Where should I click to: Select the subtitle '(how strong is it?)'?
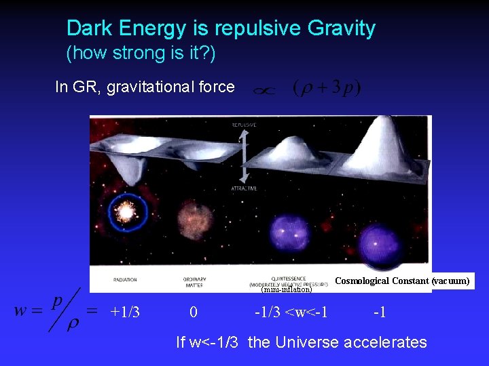141,53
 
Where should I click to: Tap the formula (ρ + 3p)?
327,88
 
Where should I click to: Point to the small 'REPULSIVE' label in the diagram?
243,125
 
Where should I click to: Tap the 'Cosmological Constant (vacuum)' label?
402,281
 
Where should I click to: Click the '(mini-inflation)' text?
286,290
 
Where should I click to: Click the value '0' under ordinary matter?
194,312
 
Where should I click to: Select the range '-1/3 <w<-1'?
291,312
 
